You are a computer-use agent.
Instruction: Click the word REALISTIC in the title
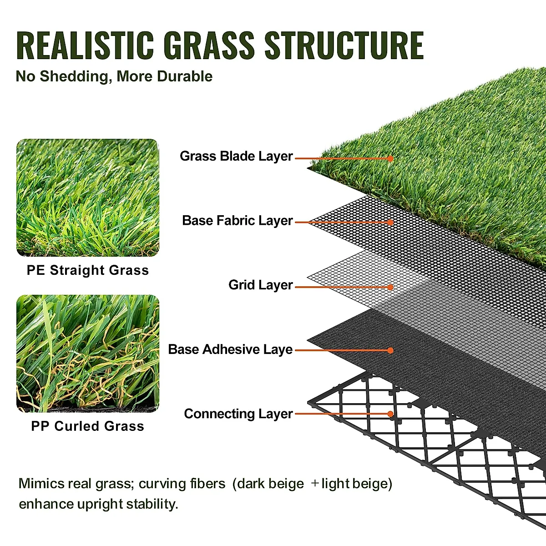[85, 45]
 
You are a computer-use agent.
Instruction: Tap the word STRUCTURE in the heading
[344, 45]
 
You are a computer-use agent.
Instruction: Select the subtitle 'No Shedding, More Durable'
[114, 76]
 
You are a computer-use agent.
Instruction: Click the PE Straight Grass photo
[88, 198]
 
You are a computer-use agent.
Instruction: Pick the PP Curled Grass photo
[88, 354]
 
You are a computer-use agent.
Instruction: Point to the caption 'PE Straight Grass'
[88, 270]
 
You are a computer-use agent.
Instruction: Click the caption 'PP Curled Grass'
[88, 426]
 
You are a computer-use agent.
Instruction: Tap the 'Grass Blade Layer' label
[236, 156]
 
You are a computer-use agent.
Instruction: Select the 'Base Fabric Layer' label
[237, 221]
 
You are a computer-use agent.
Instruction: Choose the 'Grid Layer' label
[260, 285]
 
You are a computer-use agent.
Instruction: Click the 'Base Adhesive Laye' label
[230, 349]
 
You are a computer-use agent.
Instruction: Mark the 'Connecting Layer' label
[238, 414]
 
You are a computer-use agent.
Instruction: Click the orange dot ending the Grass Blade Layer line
[390, 158]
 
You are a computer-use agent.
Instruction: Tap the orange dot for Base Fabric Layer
[390, 222]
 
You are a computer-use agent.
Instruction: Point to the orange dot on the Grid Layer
[390, 287]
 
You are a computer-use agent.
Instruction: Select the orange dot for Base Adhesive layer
[390, 350]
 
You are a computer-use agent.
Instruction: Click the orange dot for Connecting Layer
[390, 414]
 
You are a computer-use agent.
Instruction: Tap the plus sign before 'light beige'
[315, 483]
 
